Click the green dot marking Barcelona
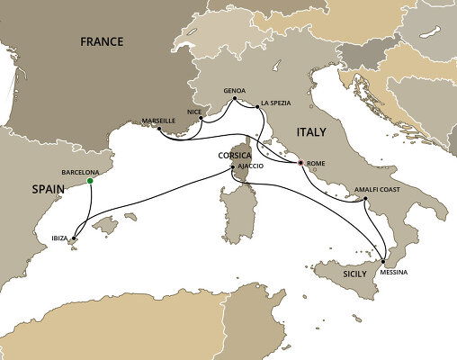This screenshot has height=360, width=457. pyautogui.click(x=90, y=181)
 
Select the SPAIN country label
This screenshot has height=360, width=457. pyautogui.click(x=29, y=190)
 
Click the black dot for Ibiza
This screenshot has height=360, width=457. pyautogui.click(x=73, y=238)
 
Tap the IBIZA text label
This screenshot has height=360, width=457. pyautogui.click(x=50, y=239)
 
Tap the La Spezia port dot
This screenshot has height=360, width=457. pyautogui.click(x=259, y=107)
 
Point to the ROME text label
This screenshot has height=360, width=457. pyautogui.click(x=316, y=164)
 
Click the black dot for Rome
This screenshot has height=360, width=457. pyautogui.click(x=301, y=164)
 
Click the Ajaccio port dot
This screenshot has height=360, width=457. pyautogui.click(x=233, y=167)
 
